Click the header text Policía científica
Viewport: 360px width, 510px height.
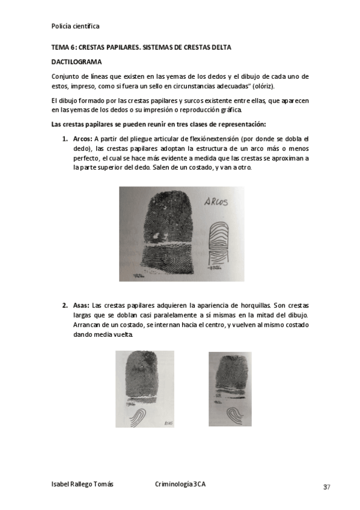tap(76, 26)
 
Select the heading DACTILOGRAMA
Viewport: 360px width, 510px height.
tap(76, 62)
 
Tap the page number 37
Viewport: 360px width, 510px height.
tap(326, 487)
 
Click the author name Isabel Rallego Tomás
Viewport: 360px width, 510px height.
tap(82, 484)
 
